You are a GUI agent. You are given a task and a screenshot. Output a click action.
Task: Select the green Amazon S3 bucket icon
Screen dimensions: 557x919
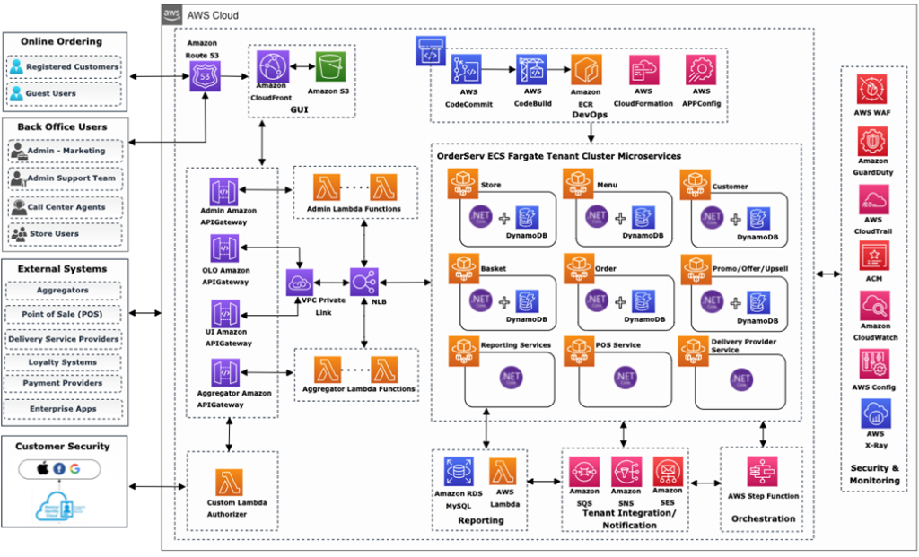[x=330, y=67]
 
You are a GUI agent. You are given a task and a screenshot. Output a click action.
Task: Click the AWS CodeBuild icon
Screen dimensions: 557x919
[x=531, y=70]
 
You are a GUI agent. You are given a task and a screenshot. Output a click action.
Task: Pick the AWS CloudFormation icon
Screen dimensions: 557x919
[x=643, y=70]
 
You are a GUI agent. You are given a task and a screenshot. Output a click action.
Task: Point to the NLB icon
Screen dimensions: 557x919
[x=364, y=282]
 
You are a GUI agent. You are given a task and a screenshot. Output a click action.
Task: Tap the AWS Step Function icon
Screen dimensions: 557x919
[x=762, y=471]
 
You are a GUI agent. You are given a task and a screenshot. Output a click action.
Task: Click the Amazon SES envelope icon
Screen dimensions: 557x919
[x=667, y=470]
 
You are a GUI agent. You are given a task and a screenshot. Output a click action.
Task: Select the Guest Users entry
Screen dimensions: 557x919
[x=63, y=93]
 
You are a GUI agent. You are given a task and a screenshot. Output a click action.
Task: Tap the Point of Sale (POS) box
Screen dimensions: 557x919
[x=63, y=315]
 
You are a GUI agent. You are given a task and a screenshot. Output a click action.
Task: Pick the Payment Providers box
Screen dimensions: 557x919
[x=63, y=383]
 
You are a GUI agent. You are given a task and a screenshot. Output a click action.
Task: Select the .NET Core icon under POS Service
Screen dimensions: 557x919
[x=626, y=378]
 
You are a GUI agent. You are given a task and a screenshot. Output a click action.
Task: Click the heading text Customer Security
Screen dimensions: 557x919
[x=63, y=446]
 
